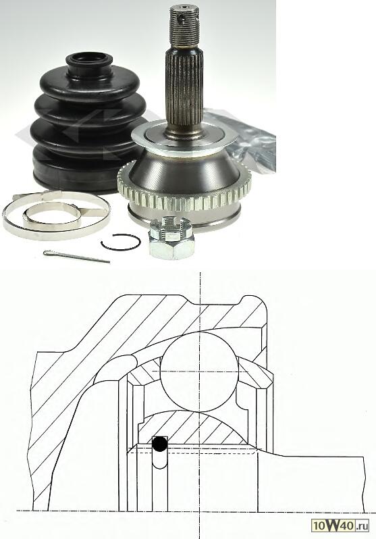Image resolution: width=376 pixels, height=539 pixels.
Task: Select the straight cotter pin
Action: (x=76, y=256)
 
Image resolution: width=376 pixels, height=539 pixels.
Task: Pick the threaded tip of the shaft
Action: (x=185, y=26)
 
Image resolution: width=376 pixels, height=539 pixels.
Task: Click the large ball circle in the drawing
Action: (x=199, y=371)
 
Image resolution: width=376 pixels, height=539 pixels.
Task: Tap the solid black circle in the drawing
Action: (x=160, y=444)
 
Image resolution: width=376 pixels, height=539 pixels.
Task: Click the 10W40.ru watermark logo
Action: (x=340, y=525)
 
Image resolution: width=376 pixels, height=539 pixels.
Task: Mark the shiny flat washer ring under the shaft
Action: (x=184, y=138)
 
